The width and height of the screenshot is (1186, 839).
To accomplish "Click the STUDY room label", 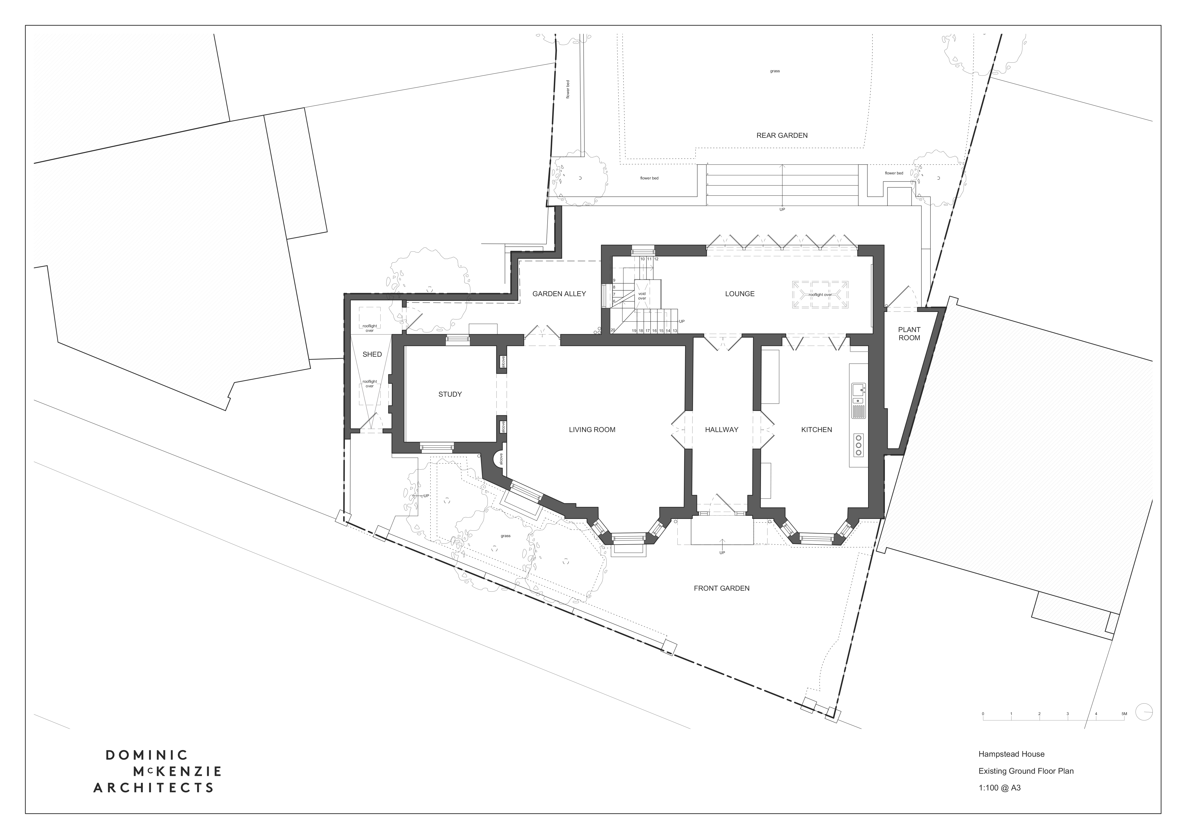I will click(450, 394).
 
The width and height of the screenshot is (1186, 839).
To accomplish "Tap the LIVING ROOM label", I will click(592, 429).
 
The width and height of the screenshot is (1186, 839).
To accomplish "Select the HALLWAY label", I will click(722, 429).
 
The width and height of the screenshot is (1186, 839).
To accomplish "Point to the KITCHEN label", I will click(816, 429).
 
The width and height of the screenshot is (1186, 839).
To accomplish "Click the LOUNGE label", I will click(740, 294).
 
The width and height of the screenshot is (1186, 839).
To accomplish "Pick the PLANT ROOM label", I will click(909, 334).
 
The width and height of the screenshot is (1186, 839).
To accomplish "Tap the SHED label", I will click(372, 354).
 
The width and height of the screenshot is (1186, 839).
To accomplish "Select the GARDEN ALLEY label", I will click(559, 294).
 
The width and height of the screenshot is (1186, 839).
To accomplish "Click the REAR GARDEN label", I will click(781, 135).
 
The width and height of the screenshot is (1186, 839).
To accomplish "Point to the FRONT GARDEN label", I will click(721, 588).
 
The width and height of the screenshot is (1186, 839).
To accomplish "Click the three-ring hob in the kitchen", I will click(859, 444).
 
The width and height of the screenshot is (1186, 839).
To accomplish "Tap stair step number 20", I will click(613, 330).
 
